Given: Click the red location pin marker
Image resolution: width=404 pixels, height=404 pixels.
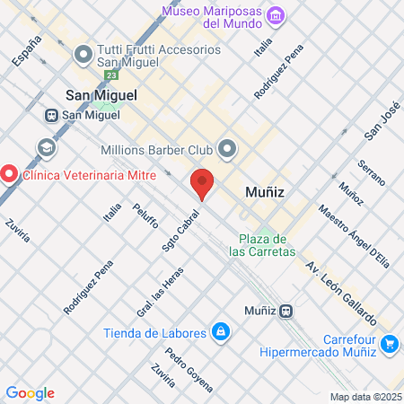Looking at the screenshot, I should [x=202, y=184].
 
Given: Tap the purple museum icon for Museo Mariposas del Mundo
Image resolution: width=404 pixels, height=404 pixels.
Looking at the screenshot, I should [x=277, y=15].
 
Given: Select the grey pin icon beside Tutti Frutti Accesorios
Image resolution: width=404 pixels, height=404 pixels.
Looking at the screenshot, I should [x=83, y=56].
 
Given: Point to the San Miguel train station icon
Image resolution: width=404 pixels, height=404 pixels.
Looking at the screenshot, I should [x=53, y=115].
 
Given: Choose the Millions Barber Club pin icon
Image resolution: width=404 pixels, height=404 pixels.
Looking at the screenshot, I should [x=228, y=148].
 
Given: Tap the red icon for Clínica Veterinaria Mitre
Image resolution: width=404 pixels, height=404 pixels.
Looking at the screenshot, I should [x=9, y=173].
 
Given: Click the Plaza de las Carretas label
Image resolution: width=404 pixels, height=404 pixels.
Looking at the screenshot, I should [x=262, y=245].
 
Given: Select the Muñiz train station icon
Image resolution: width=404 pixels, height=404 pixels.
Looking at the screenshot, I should [x=285, y=312].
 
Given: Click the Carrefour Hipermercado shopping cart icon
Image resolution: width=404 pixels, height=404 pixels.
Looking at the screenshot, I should [x=389, y=343].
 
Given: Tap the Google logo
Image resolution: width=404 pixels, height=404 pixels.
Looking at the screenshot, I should [x=31, y=392].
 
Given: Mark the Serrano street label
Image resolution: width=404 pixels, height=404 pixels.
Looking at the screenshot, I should [x=371, y=173].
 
